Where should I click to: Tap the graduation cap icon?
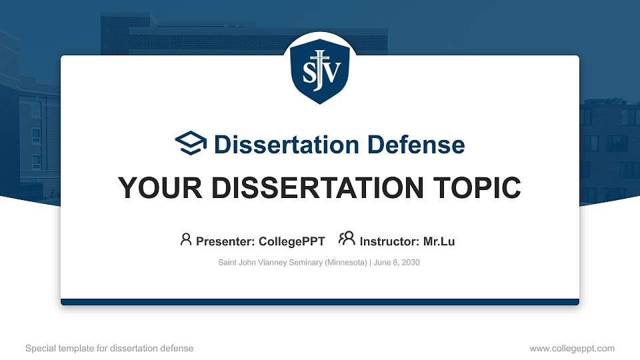coord(191,143)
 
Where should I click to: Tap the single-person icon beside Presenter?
coord(186,239)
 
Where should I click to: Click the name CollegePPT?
coord(291,241)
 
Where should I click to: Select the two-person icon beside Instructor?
coord(347,239)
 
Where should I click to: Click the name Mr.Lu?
coord(439,241)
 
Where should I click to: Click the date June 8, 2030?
coord(397,263)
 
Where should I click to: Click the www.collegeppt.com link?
coord(572,348)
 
